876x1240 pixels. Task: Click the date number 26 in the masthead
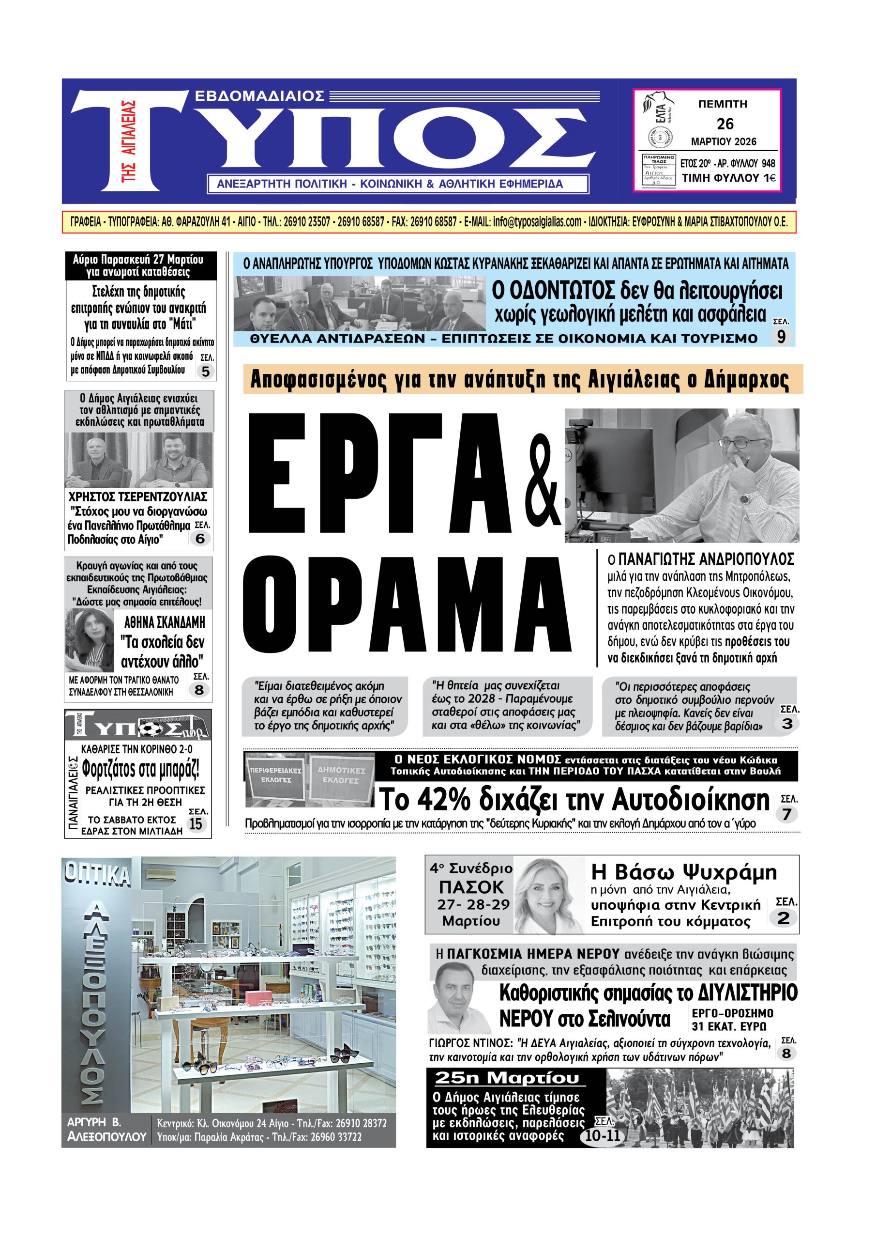[725, 124]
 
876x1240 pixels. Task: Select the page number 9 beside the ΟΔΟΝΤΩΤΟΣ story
[781, 337]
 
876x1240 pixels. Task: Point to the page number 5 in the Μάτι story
[205, 372]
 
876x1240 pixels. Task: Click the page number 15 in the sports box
[196, 823]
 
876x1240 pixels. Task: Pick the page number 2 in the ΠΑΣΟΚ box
[783, 918]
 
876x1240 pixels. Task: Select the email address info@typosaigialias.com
[537, 221]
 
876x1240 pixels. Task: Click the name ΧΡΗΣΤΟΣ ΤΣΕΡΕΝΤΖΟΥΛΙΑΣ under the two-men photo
[138, 496]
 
